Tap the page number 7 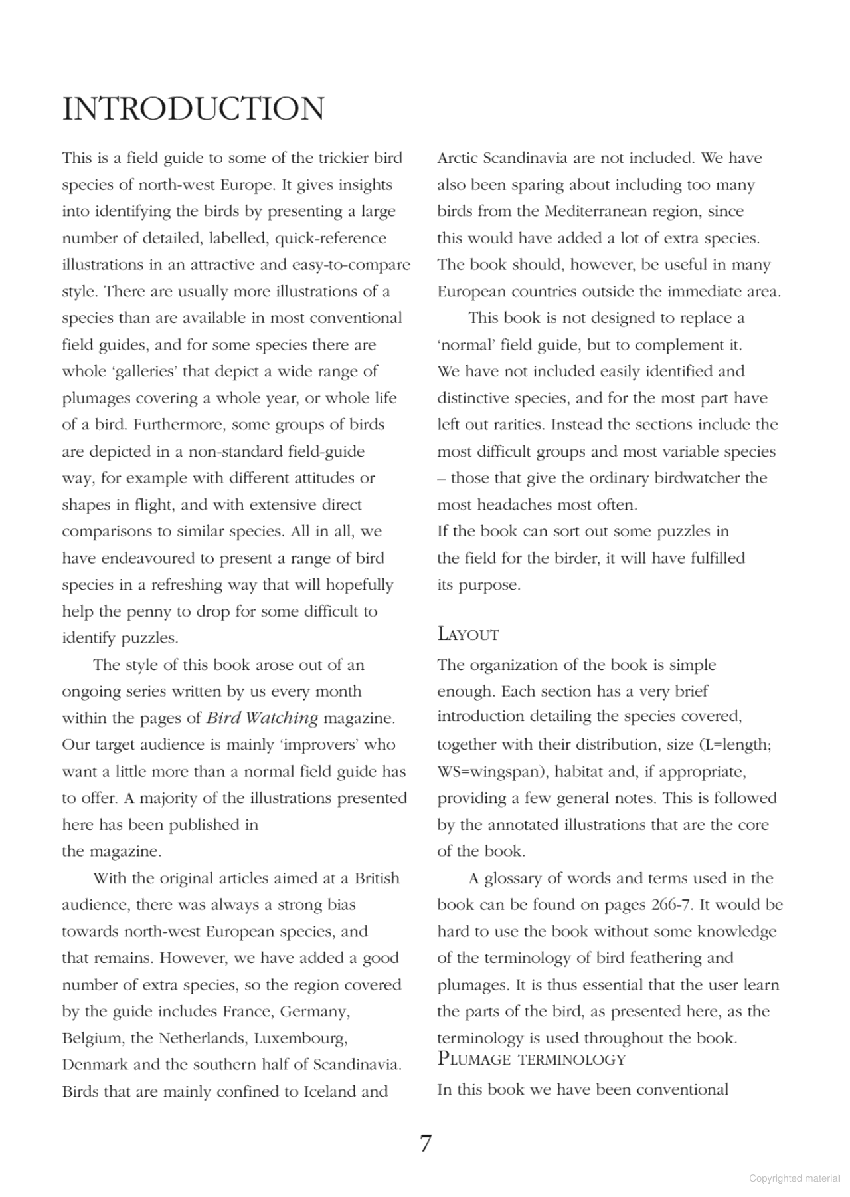426,1143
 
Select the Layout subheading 467,634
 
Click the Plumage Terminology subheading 531,1059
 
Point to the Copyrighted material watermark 794,1178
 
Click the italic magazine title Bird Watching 262,718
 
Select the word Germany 315,1011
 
